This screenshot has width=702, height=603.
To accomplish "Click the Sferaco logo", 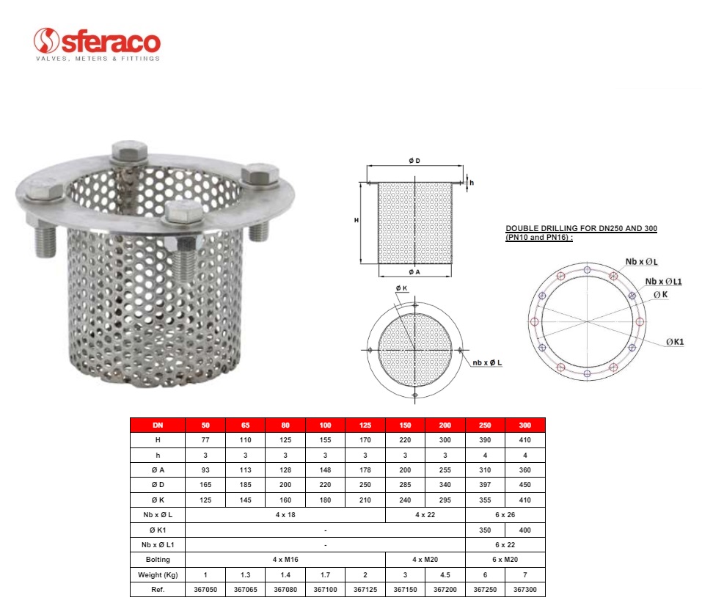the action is [97, 44].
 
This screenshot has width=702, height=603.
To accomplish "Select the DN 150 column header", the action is [405, 425].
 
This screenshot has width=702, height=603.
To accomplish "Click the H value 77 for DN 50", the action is [205, 440].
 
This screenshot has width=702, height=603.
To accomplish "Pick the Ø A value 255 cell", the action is [445, 470].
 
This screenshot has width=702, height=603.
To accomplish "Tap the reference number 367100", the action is [326, 590].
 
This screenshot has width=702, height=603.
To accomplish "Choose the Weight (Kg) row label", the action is [158, 575].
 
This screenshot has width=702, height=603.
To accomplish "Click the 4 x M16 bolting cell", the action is [285, 560].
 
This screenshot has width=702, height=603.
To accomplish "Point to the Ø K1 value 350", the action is [485, 530].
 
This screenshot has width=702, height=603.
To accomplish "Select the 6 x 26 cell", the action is [505, 515].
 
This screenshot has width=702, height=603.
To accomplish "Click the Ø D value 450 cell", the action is [524, 485].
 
